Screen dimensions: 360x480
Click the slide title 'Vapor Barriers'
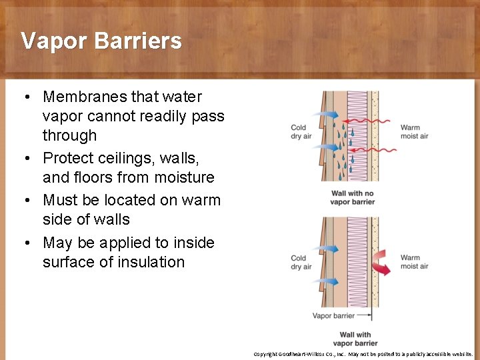tap(101, 41)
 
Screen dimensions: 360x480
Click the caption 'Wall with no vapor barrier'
tap(352, 198)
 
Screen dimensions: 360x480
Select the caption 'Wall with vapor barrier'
tap(355, 339)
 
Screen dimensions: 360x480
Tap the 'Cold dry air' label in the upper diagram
tap(301, 132)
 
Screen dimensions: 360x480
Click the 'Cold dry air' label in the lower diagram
tap(301, 262)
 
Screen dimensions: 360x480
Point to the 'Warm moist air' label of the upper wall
tap(414, 132)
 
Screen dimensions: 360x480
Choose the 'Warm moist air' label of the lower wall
tap(414, 262)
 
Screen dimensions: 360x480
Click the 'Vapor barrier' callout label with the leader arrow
tap(333, 316)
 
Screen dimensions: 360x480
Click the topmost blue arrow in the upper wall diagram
tap(327, 115)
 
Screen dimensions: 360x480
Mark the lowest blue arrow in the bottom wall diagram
tap(327, 281)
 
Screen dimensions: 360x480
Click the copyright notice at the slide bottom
tap(363, 354)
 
